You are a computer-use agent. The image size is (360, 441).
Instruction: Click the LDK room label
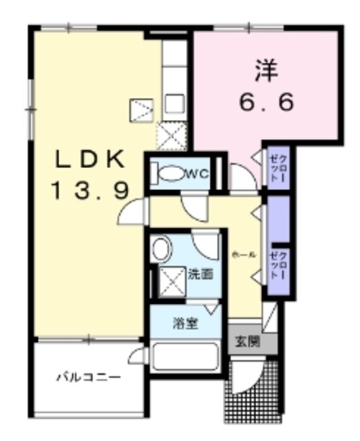pyautogui.click(x=89, y=160)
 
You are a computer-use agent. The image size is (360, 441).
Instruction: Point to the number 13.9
pyautogui.click(x=90, y=191)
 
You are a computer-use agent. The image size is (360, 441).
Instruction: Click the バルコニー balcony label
pyautogui.click(x=88, y=377)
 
